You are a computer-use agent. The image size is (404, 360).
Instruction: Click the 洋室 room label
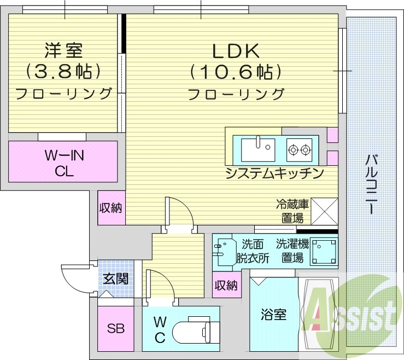[x=63, y=51]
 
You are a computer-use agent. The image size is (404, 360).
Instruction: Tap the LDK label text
[x=235, y=51]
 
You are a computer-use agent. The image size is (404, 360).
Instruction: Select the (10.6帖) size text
[x=235, y=72]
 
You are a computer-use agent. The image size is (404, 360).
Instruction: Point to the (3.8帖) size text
[x=63, y=72]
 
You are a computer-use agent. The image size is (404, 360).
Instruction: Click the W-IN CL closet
[x=63, y=162]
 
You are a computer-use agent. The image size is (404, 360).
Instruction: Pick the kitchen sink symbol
[x=258, y=147]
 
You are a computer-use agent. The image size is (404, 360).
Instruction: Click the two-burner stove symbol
[x=299, y=148]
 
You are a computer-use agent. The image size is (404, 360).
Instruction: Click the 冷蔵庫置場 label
[x=292, y=211]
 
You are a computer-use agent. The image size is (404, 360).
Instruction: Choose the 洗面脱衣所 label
[x=253, y=251]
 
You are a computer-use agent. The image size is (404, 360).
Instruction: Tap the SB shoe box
[x=115, y=329]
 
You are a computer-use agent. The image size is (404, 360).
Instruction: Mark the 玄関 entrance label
[x=115, y=278]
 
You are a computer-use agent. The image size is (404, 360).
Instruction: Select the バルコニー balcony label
[x=371, y=183]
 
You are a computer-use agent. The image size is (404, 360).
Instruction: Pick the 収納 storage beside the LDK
[x=111, y=208]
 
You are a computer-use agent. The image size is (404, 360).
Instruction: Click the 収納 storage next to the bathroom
[x=226, y=285]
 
